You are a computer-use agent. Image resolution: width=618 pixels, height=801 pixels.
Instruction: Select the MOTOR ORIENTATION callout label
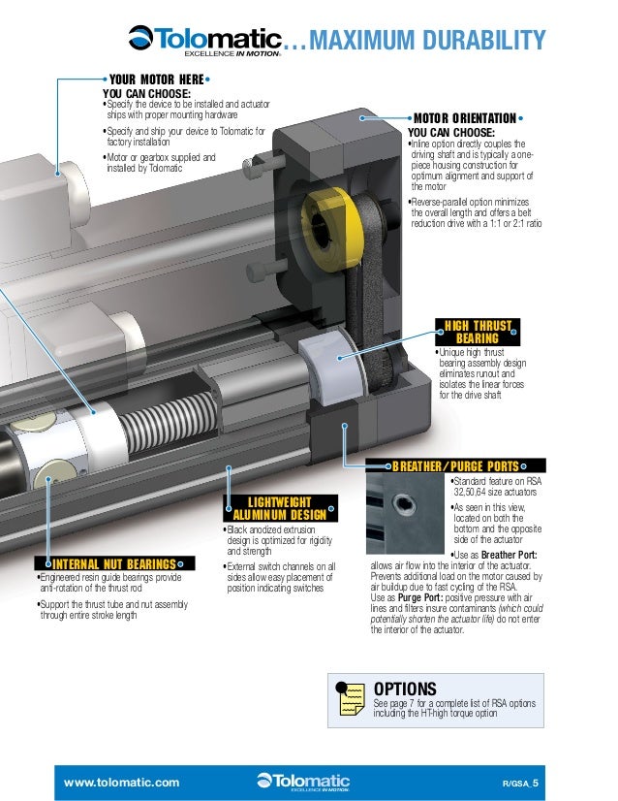coord(467,119)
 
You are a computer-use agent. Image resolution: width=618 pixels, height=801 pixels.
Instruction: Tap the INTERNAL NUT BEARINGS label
coord(113,563)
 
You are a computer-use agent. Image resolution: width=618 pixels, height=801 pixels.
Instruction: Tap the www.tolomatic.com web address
coord(121,781)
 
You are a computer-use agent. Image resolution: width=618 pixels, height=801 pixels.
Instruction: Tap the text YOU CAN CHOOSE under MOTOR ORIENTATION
coord(451,133)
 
